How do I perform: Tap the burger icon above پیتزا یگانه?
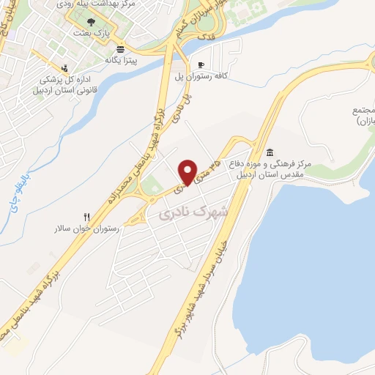coord(119,48)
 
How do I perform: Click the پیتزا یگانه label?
coord(120,60)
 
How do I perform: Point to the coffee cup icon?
coord(202,64)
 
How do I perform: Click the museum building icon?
coord(271,152)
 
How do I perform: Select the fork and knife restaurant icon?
coord(87,216)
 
